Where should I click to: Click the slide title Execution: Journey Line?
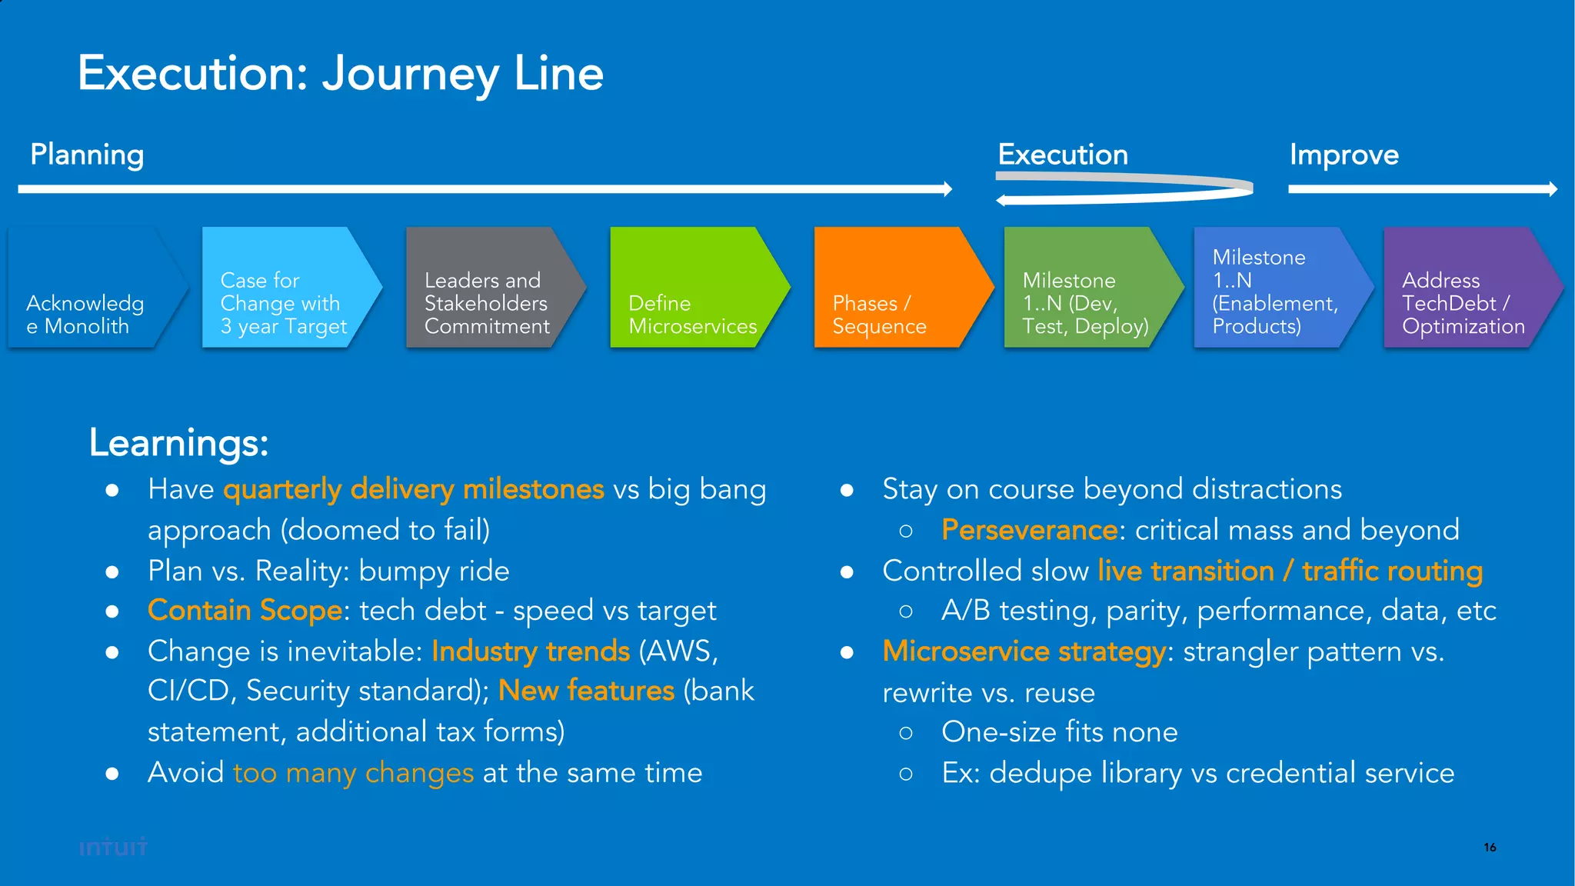(340, 74)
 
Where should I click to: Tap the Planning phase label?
(87, 155)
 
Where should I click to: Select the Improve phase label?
(1344, 155)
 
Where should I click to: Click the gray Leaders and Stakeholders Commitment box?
(488, 288)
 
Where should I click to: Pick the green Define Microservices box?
(692, 288)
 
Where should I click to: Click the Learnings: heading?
(178, 443)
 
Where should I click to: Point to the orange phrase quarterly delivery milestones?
(414, 489)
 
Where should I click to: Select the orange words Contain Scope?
(245, 610)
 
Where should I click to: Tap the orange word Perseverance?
(1029, 530)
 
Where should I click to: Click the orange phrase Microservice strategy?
(1024, 651)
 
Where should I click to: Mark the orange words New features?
(586, 691)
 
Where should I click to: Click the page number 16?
(1490, 847)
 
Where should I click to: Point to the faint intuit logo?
(113, 847)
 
